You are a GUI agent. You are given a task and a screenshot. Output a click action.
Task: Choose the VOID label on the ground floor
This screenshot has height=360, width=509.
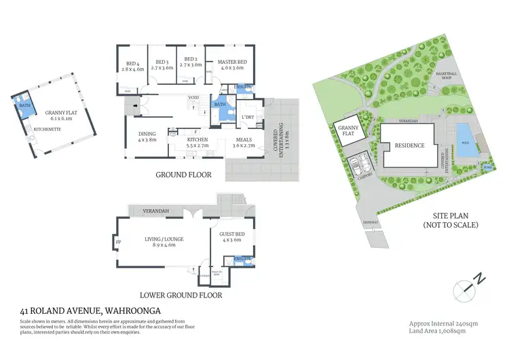193,98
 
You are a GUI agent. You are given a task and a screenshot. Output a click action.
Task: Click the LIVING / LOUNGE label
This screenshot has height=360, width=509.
160,238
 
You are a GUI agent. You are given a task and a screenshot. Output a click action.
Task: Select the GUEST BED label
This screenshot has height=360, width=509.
232,235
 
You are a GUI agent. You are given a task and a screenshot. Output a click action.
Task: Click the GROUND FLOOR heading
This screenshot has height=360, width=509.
183,175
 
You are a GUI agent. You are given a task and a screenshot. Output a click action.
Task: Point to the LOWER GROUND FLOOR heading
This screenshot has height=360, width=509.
181,295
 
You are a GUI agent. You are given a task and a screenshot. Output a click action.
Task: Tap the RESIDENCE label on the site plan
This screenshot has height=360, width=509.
410,145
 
